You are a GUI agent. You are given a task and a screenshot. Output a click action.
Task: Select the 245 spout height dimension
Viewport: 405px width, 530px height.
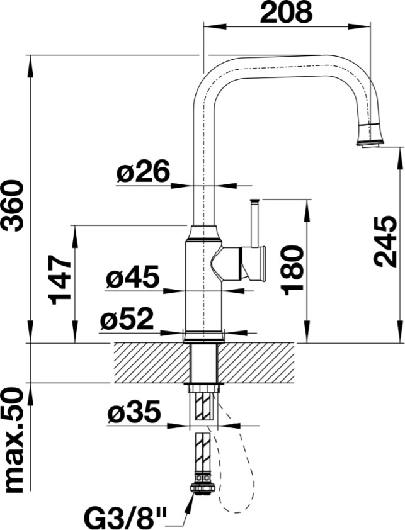(385, 241)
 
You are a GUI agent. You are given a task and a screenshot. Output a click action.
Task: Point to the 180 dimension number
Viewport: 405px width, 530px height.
(292, 271)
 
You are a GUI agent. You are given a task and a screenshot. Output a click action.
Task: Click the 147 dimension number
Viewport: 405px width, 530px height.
(60, 280)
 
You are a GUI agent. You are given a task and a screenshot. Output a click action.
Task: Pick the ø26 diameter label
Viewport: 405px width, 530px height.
(143, 171)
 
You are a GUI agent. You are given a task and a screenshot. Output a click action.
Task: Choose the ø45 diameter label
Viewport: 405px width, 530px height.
(132, 277)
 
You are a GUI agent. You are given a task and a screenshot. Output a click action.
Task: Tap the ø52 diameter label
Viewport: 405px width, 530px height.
(127, 319)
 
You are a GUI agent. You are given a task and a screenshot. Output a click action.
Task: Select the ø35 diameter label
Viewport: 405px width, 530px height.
(134, 412)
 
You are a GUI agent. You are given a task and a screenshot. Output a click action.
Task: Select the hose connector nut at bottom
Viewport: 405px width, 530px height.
(203, 488)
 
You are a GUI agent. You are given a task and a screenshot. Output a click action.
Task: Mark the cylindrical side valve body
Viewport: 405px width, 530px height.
(253, 263)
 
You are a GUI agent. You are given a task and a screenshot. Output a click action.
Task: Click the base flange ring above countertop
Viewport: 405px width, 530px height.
(203, 336)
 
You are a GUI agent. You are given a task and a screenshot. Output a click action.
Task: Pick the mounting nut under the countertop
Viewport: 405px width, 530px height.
(203, 388)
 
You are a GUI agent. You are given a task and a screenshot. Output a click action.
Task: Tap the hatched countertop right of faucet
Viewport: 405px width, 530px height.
(256, 363)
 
